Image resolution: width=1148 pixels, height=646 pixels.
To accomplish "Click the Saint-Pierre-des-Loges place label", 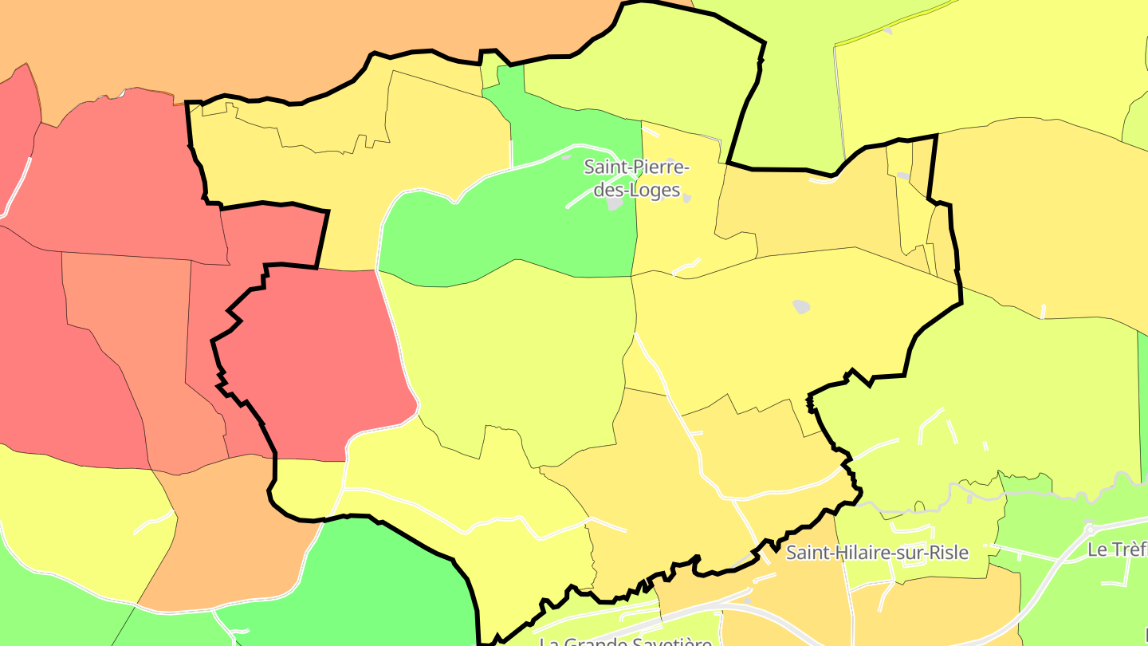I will (635, 179).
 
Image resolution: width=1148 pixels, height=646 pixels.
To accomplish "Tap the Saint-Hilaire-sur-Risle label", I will (877, 552).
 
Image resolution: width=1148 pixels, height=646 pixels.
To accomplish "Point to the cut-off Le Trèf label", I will (1117, 549).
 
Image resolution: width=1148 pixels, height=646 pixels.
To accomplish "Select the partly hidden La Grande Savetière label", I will (625, 641).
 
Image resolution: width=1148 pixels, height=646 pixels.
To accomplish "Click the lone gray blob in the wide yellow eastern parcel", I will (801, 306).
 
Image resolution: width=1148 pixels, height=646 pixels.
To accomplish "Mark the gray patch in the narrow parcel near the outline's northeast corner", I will (903, 175).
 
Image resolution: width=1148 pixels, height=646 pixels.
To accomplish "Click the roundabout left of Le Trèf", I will (1090, 528).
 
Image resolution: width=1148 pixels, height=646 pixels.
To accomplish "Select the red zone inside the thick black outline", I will (319, 359).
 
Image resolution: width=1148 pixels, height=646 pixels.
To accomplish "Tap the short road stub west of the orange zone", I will (155, 522).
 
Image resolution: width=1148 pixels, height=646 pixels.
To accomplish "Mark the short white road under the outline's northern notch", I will (821, 179).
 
